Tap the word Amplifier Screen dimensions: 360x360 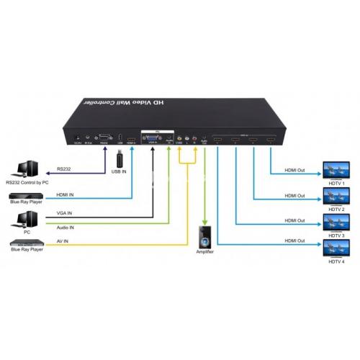tap(205, 253)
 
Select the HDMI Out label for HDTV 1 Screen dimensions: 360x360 tap(295, 170)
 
